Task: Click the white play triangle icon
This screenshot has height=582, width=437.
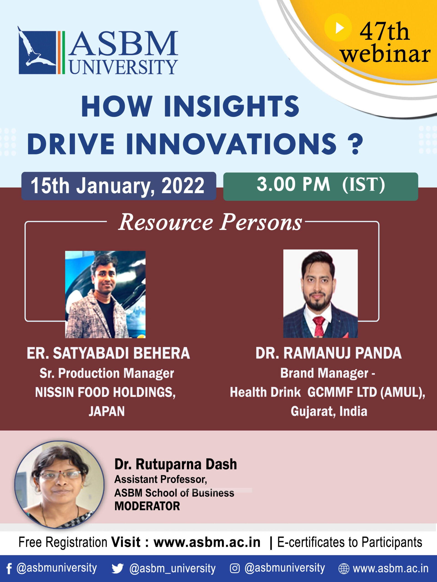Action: pos(339,28)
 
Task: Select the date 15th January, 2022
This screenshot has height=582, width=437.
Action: pos(118,186)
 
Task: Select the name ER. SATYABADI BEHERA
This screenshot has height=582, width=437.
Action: pos(108,353)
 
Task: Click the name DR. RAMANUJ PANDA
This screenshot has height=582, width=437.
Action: pos(328,353)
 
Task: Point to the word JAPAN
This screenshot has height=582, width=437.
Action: pos(107,411)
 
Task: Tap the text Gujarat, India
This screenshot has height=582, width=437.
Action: pos(329,411)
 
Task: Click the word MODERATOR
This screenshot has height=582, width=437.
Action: pos(147,506)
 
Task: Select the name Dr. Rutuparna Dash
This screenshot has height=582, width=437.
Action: pos(176,464)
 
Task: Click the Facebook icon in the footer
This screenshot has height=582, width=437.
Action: pos(9,569)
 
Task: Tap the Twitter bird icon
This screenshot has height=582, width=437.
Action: pos(117,569)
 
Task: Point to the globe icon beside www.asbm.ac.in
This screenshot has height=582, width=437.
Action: pos(344,569)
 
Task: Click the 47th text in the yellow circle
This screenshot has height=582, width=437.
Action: pos(384,32)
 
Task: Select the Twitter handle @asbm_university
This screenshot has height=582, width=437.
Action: pos(172,569)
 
